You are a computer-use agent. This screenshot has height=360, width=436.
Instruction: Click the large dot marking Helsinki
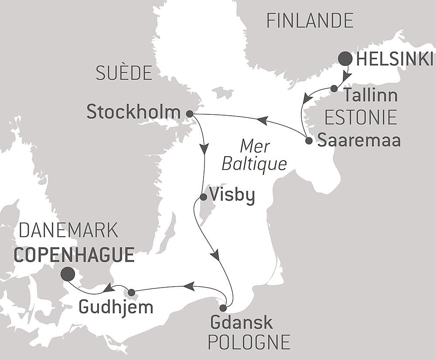coord(345,58)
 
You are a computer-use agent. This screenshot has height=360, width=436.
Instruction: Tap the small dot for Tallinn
coord(334,89)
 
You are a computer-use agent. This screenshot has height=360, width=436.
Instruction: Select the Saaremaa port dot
coord(309,141)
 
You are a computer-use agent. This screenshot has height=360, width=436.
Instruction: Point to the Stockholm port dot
coord(189,114)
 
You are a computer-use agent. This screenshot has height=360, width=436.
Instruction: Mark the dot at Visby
coord(203,197)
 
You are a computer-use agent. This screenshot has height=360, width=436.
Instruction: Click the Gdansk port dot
coord(223,308)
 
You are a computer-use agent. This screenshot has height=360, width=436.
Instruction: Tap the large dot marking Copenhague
coord(67,274)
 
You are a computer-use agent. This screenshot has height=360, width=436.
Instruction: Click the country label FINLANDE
coord(310,21)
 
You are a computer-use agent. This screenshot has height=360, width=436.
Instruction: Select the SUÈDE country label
coord(124,73)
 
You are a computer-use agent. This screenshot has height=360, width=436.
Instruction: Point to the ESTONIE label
coord(361,118)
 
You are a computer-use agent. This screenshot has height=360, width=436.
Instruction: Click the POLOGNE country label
coord(249,343)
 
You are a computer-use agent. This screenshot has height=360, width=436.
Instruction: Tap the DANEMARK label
coord(68,230)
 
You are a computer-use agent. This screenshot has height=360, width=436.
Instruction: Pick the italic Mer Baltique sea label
coord(254,155)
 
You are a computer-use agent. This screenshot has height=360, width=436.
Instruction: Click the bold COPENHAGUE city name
coord(74,255)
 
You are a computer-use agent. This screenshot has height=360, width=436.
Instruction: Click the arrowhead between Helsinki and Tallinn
coord(346,77)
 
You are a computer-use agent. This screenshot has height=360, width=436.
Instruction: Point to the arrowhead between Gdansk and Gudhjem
coord(188,286)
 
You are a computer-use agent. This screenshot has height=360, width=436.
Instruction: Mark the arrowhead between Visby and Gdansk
coord(215,254)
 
